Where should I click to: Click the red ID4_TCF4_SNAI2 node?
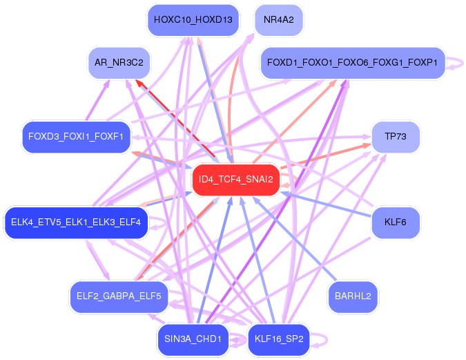click(235, 180)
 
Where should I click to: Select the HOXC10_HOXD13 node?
click(193, 20)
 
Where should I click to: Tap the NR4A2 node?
click(278, 20)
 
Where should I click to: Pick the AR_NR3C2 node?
click(119, 63)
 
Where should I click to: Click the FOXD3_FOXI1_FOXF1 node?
click(75, 136)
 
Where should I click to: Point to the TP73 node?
click(396, 136)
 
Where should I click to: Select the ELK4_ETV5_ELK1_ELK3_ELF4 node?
click(76, 222)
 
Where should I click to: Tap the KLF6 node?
click(396, 222)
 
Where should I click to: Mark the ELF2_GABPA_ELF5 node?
click(119, 296)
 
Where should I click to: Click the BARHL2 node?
click(353, 296)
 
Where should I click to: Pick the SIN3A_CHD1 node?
click(193, 339)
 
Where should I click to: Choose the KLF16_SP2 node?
click(278, 339)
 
